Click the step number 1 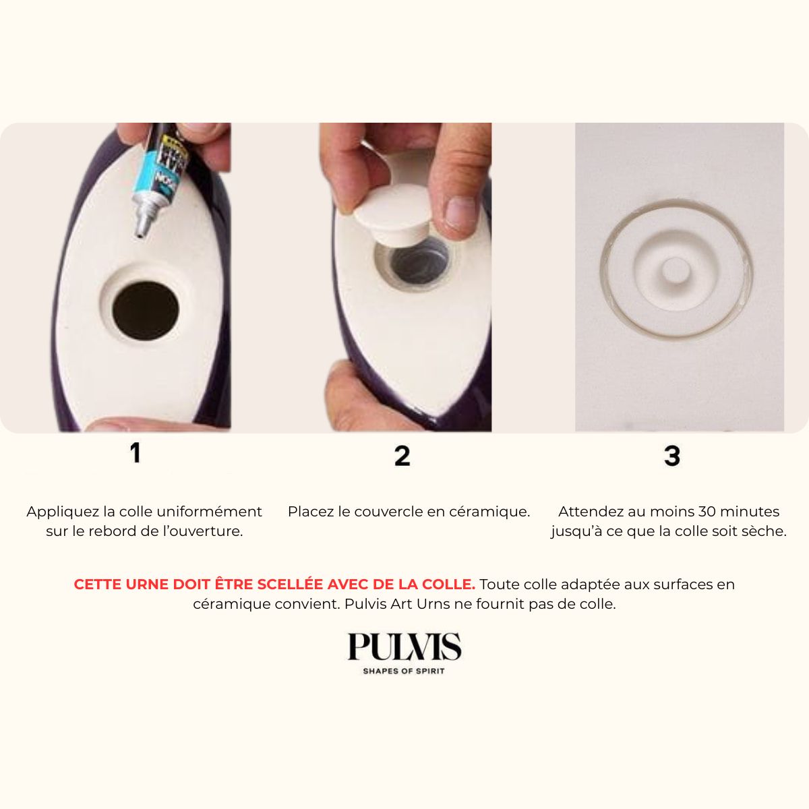tap(136, 453)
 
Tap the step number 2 tap(402, 456)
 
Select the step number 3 tap(671, 456)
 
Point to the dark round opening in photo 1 tap(145, 311)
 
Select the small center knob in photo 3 tap(676, 271)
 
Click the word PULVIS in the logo tap(404, 647)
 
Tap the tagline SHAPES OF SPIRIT tap(403, 671)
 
